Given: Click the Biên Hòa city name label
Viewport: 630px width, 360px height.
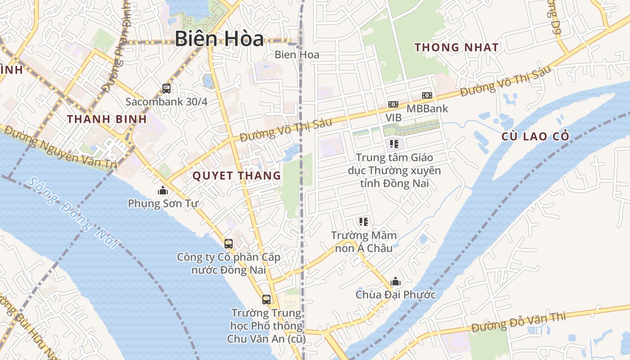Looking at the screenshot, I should click(219, 39).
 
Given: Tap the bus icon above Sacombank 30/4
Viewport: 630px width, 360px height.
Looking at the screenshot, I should click(166, 88).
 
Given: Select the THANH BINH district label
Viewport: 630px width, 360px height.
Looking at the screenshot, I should click(107, 119).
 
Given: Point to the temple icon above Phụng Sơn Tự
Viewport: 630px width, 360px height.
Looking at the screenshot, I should click(163, 191).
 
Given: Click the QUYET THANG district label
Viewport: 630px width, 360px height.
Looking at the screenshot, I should click(237, 176).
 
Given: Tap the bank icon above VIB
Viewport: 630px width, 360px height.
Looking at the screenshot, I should click(393, 104).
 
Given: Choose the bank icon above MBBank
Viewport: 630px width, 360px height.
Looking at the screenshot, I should click(427, 95).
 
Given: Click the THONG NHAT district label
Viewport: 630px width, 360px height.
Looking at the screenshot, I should click(456, 47).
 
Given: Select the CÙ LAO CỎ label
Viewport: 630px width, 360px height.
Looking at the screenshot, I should click(535, 136).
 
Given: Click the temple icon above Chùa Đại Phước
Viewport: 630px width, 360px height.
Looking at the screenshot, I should click(396, 282).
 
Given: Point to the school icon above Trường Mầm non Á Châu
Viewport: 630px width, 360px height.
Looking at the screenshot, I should click(364, 221).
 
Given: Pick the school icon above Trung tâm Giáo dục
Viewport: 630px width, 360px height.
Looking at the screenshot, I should click(394, 144).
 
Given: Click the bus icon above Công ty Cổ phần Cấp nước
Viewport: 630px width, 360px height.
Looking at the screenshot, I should click(229, 244).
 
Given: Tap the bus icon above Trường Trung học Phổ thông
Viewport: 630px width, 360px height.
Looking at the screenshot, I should click(266, 299).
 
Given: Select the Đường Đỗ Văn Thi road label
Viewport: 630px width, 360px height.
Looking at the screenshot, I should click(518, 321).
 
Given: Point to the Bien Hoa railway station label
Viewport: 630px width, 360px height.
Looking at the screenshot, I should click(297, 55).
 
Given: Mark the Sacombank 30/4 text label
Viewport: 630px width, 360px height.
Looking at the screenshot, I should click(166, 102).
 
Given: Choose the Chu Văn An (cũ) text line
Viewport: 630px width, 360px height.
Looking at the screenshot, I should click(266, 339).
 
